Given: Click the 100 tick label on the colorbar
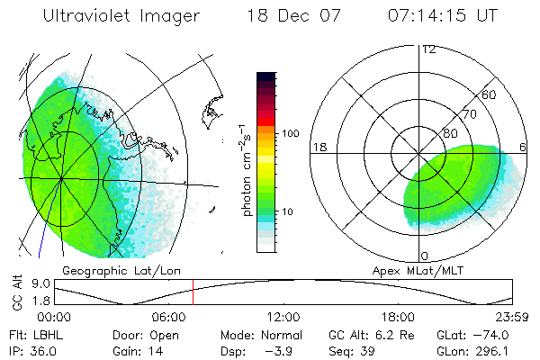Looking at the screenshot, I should click(291, 133).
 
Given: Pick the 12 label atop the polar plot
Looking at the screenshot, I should click(428, 49).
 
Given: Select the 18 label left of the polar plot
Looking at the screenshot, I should click(319, 147).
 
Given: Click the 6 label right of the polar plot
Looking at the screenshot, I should click(523, 147).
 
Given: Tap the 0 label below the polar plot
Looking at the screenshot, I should click(425, 256).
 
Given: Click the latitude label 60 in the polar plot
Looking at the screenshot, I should click(490, 95).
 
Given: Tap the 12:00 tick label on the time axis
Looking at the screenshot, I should click(283, 317).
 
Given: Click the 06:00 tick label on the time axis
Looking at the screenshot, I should click(169, 317).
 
